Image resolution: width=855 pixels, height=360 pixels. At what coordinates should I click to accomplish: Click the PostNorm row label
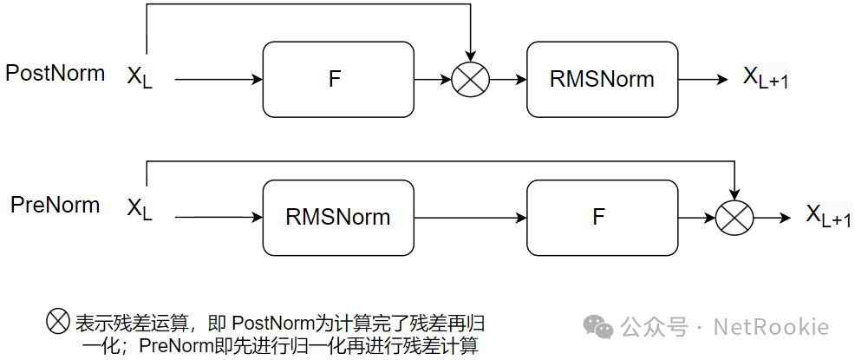pyautogui.click(x=55, y=73)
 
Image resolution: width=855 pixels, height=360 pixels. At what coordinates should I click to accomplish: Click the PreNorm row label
pyautogui.click(x=55, y=206)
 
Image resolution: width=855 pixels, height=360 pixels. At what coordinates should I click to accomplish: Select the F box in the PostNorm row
pyautogui.click(x=335, y=80)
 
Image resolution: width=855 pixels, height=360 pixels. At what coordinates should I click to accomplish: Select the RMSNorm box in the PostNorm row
pyautogui.click(x=602, y=80)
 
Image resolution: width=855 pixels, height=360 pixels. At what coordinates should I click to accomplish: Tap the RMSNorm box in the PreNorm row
pyautogui.click(x=338, y=217)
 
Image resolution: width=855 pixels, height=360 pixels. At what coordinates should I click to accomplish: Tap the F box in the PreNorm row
pyautogui.click(x=598, y=217)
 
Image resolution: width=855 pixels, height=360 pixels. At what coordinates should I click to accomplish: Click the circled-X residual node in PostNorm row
pyautogui.click(x=471, y=80)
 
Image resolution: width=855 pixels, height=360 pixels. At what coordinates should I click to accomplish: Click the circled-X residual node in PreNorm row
pyautogui.click(x=734, y=217)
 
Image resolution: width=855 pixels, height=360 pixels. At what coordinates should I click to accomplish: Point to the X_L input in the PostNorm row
pyautogui.click(x=140, y=78)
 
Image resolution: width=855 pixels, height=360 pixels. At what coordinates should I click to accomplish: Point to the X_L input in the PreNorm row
pyautogui.click(x=140, y=210)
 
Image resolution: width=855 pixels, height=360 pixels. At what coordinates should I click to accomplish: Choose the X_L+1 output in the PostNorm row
pyautogui.click(x=766, y=78)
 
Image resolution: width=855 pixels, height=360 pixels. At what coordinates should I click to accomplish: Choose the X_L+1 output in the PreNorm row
pyautogui.click(x=829, y=215)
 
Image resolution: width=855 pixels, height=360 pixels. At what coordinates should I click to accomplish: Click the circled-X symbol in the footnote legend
pyautogui.click(x=57, y=322)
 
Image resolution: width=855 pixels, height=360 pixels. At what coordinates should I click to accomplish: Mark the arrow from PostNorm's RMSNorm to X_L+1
pyautogui.click(x=703, y=80)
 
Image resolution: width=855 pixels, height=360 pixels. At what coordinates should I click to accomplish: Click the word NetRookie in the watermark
pyautogui.click(x=771, y=327)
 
